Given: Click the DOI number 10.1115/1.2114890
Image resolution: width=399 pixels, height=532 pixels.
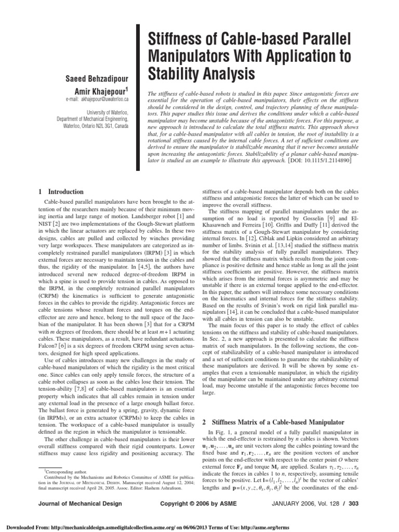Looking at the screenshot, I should [322, 162].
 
